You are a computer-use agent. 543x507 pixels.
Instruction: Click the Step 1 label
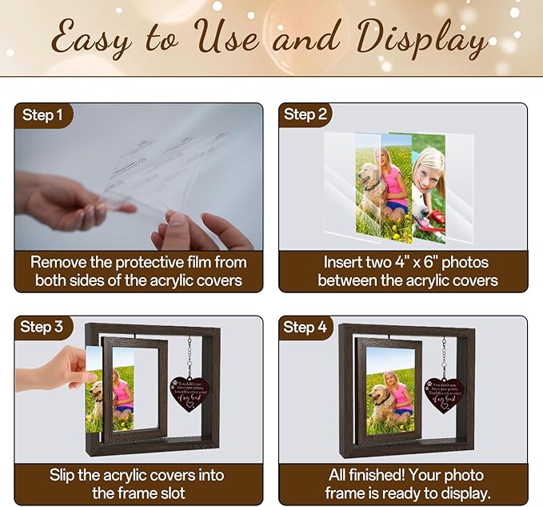(42, 116)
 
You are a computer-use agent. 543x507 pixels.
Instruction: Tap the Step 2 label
(305, 115)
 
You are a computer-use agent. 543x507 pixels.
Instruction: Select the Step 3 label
(42, 327)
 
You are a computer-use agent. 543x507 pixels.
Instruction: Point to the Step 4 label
(305, 327)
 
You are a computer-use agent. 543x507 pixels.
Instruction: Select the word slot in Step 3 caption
(168, 493)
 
